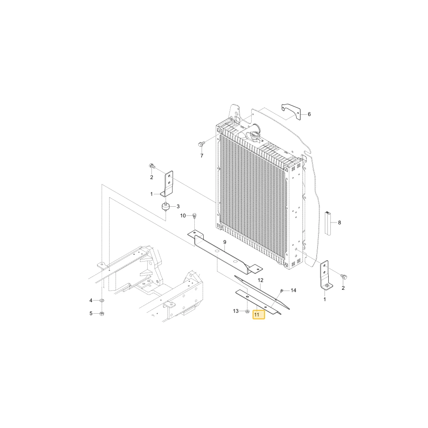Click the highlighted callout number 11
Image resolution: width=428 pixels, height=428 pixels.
(x=256, y=315)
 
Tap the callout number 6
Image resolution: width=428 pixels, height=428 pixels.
(x=309, y=114)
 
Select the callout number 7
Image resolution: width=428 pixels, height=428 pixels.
(x=202, y=156)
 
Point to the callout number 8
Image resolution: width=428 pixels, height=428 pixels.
(x=339, y=223)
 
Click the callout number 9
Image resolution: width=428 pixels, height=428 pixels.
(x=225, y=242)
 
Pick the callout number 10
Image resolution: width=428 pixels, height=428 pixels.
(x=183, y=216)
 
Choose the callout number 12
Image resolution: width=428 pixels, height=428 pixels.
(x=260, y=280)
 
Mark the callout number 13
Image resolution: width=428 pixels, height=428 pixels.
(x=236, y=311)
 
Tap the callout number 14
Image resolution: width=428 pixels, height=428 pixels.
(x=294, y=290)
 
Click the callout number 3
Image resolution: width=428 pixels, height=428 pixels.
(x=178, y=206)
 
